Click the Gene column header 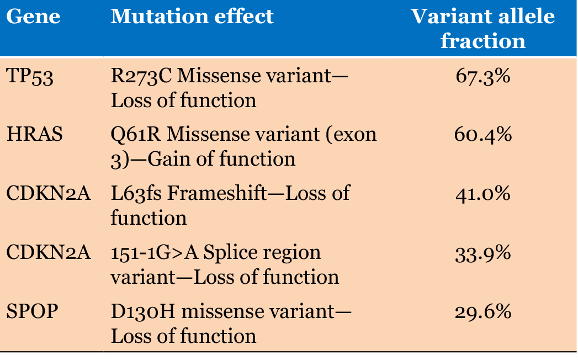click(x=33, y=17)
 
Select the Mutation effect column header click(x=192, y=17)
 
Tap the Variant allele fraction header click(x=483, y=28)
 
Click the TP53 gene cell click(x=30, y=76)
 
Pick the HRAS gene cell click(x=35, y=134)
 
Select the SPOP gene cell click(x=33, y=311)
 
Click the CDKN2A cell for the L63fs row click(x=49, y=193)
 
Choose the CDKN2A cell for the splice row click(x=49, y=252)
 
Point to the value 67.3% click(x=483, y=76)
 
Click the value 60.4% click(x=483, y=135)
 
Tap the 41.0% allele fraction click(x=483, y=194)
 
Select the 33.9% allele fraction click(x=483, y=253)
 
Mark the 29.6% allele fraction click(x=483, y=312)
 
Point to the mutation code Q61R click(x=136, y=135)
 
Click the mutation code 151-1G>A click(x=155, y=253)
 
